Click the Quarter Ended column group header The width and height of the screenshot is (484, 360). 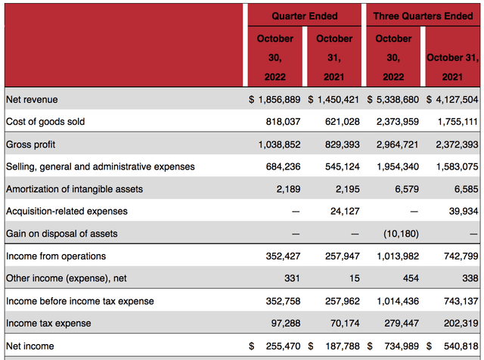click(x=305, y=16)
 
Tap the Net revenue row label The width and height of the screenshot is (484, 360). click(x=32, y=99)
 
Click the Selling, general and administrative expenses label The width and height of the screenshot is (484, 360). click(x=100, y=166)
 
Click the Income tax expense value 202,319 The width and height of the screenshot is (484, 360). click(x=458, y=323)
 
